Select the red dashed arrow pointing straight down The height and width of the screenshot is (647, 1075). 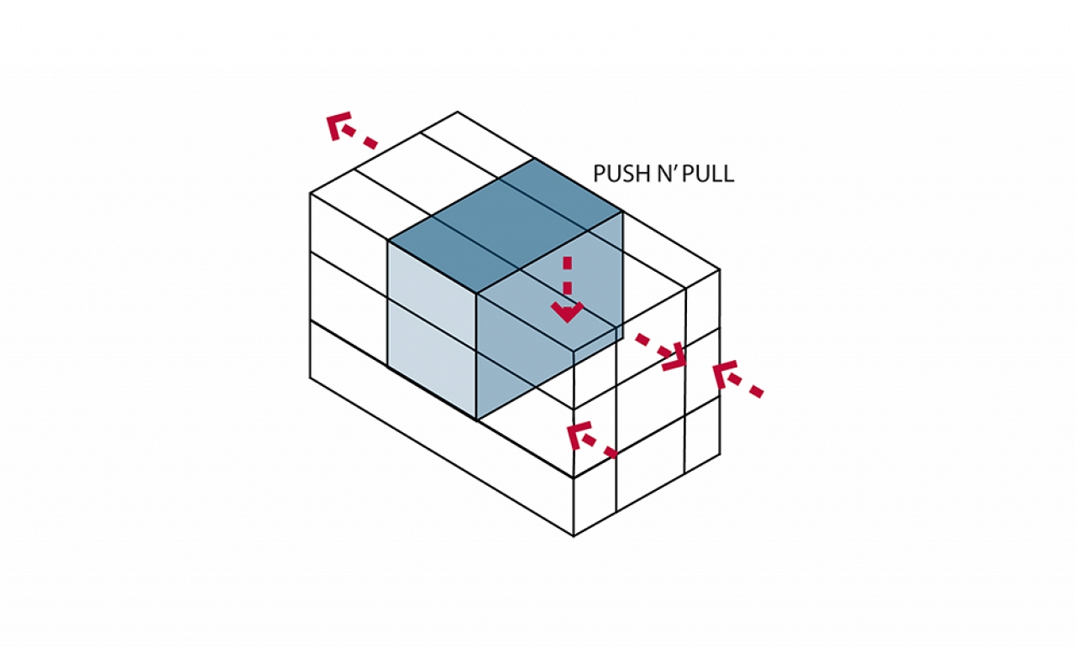pos(567,290)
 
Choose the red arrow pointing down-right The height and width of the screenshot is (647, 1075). pos(663,353)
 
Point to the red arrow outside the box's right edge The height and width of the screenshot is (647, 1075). pos(737,380)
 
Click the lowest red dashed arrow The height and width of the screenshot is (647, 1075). pos(591,439)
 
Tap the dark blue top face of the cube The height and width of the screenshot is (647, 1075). pos(506,226)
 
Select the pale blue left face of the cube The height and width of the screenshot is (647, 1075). pos(432,331)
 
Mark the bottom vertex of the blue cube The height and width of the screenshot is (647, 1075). pos(476,420)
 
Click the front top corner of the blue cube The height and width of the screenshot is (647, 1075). pos(476,293)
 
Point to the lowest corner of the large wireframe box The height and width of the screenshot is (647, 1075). pos(574,535)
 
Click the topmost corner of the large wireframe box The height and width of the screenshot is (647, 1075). pos(458,112)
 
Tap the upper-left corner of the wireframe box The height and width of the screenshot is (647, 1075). pos(310,193)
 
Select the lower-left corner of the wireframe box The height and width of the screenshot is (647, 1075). pos(310,378)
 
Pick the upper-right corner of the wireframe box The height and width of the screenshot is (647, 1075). pos(720,269)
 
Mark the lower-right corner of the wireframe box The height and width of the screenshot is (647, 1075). pos(720,454)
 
